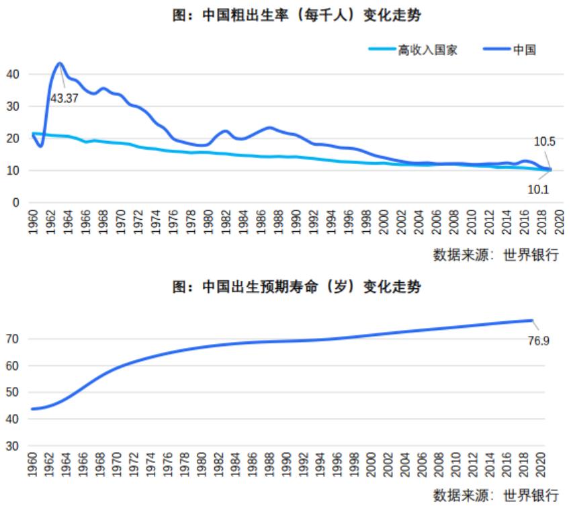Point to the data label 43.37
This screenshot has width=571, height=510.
pyautogui.click(x=64, y=98)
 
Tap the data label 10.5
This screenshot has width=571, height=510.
pyautogui.click(x=544, y=142)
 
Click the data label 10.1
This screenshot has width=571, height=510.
pyautogui.click(x=538, y=189)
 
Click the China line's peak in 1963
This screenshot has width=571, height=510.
pyautogui.click(x=60, y=63)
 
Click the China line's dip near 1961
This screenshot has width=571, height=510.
pyautogui.click(x=41, y=146)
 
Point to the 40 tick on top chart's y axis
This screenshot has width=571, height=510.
pyautogui.click(x=13, y=74)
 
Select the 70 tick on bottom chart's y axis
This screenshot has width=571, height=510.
pyautogui.click(x=13, y=339)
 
